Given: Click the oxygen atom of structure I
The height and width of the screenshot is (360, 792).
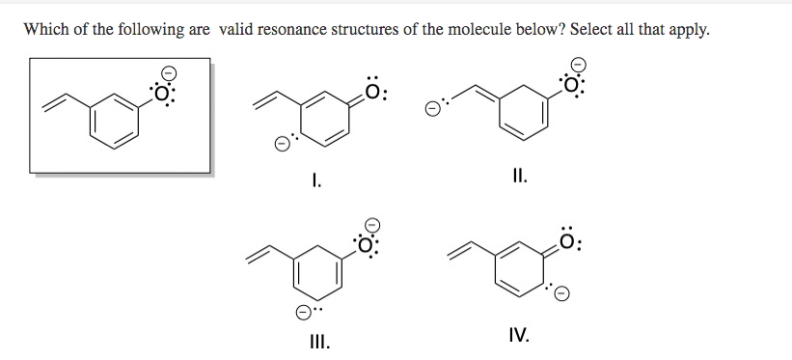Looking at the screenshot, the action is (x=379, y=94).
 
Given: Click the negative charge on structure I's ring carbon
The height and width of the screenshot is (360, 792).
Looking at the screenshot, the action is (x=283, y=147).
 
